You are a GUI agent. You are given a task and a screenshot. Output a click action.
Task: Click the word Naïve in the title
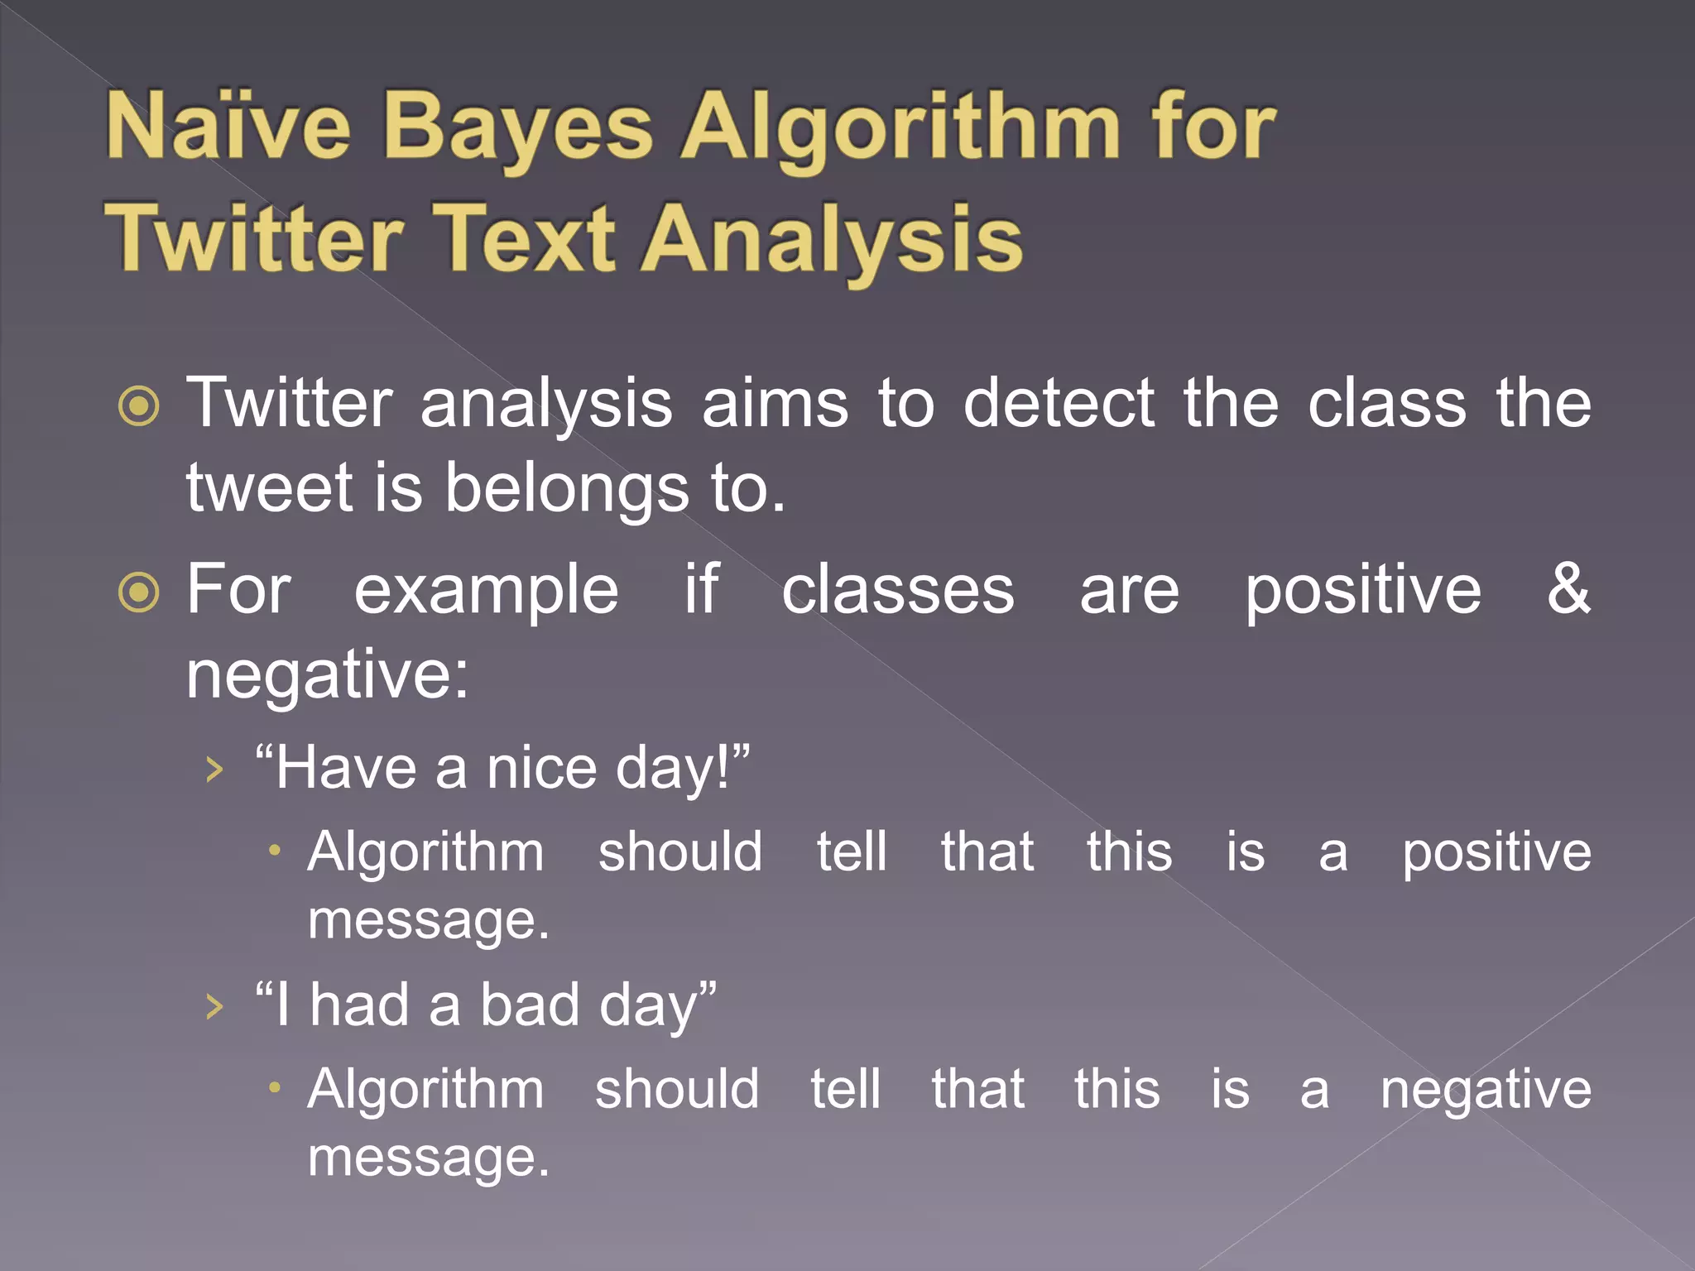tap(228, 127)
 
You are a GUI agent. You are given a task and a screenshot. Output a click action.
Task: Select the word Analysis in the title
tap(833, 241)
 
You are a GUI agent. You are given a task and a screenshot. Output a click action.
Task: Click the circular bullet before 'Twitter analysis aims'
tap(138, 405)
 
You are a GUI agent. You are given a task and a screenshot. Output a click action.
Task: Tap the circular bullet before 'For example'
tap(138, 592)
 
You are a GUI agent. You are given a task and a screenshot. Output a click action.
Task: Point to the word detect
tap(1059, 403)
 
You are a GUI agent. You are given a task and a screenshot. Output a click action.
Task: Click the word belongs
tap(567, 490)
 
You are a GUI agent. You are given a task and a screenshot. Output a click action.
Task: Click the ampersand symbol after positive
tap(1568, 588)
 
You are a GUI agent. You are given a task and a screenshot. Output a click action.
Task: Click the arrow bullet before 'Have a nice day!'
tap(214, 770)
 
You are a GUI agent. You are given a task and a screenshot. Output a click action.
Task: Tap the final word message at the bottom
tap(428, 1158)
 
